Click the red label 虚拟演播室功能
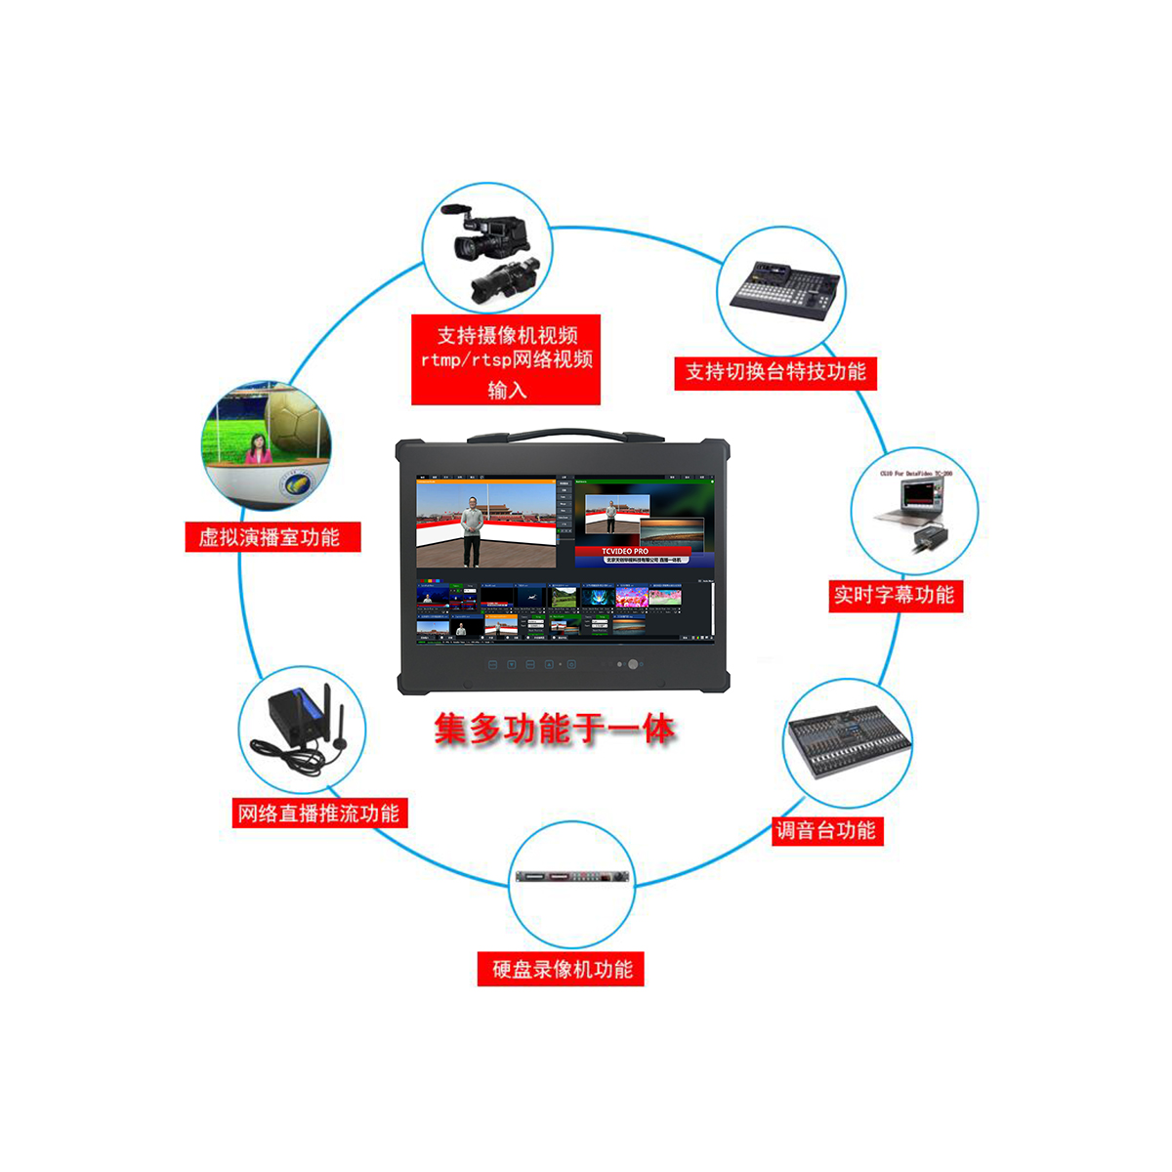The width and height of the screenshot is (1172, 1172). click(x=272, y=537)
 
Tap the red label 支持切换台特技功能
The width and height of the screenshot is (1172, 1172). click(x=775, y=372)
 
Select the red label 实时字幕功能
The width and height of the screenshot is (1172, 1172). click(x=895, y=595)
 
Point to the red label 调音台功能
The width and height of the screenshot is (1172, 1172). click(x=826, y=831)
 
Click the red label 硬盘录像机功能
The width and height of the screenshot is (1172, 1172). click(x=562, y=970)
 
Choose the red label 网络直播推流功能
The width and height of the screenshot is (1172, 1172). click(x=318, y=814)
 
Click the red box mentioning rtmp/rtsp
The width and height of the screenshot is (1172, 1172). click(x=506, y=360)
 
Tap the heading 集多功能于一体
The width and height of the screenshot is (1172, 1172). click(x=554, y=730)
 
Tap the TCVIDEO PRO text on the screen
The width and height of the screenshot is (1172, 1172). click(x=625, y=551)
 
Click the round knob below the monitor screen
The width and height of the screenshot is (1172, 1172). click(x=633, y=664)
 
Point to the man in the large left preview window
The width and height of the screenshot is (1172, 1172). click(x=473, y=528)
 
